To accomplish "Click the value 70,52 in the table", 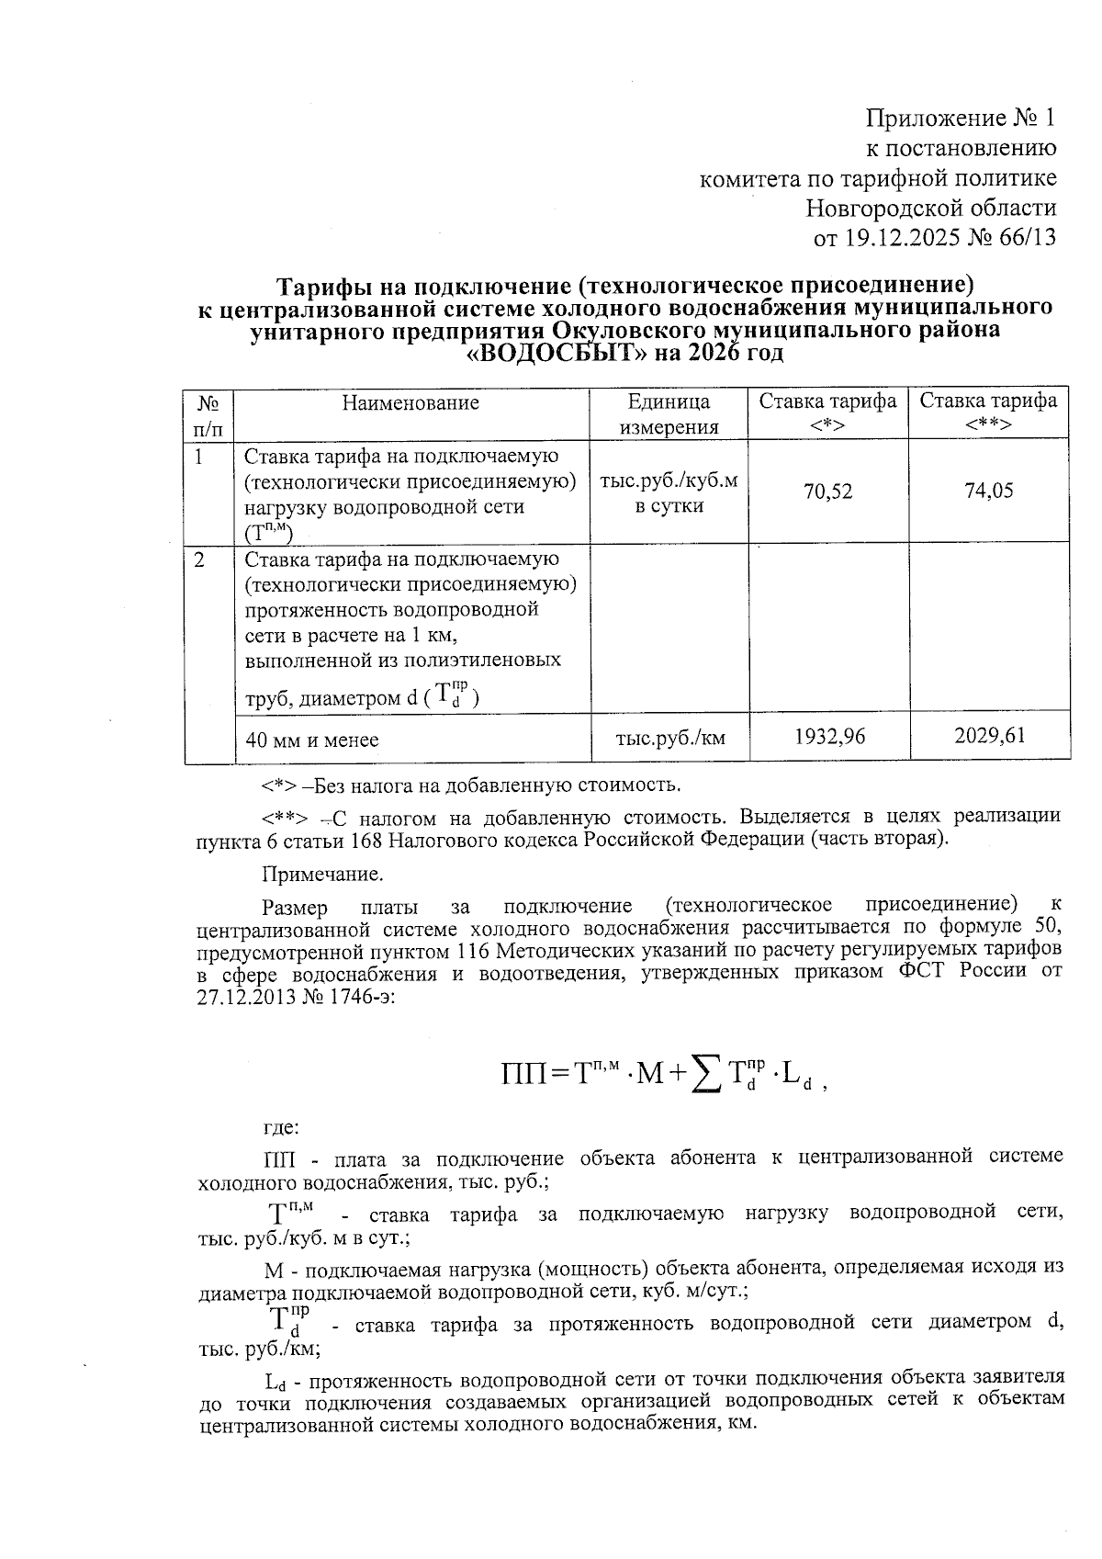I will pyautogui.click(x=827, y=491).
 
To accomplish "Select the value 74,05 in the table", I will pyautogui.click(x=988, y=491).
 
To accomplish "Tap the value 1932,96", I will pyautogui.click(x=829, y=736).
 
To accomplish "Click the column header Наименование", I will pyautogui.click(x=410, y=402).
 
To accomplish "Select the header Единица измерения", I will pyautogui.click(x=668, y=414).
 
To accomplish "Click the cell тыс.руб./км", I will pyautogui.click(x=669, y=738).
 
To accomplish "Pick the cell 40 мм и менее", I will pyautogui.click(x=311, y=740).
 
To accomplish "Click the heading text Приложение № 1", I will pyautogui.click(x=961, y=118).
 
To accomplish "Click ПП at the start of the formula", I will pyautogui.click(x=523, y=1073).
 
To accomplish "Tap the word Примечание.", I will pyautogui.click(x=322, y=872).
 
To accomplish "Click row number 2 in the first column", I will pyautogui.click(x=199, y=559).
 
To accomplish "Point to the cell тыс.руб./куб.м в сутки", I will pyautogui.click(x=669, y=493).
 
